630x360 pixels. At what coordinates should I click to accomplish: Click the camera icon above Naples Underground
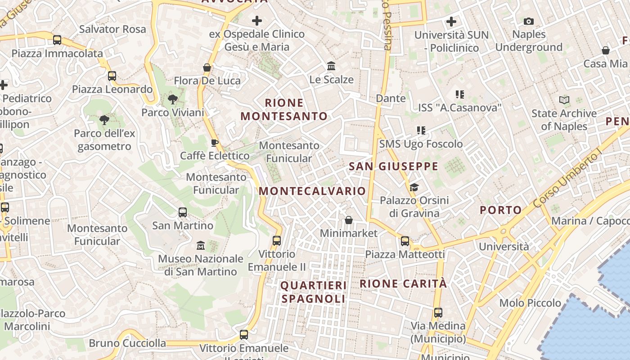(x=529, y=21)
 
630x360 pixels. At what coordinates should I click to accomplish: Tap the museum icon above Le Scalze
(x=332, y=66)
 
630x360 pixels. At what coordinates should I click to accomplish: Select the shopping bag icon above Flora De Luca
(x=207, y=67)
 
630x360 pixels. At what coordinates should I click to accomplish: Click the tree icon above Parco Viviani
(x=172, y=99)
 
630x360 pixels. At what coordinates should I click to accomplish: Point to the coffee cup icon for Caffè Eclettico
(x=215, y=143)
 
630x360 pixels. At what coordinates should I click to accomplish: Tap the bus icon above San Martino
(x=183, y=212)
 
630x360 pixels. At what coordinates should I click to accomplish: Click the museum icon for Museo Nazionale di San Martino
(x=201, y=246)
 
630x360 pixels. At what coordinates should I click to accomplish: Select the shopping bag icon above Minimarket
(x=348, y=220)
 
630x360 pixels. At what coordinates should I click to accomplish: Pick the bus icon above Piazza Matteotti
(x=405, y=241)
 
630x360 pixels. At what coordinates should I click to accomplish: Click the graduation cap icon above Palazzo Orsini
(x=414, y=187)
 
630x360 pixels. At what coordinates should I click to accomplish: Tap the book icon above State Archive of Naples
(x=564, y=100)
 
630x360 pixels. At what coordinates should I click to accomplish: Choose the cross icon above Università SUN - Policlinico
(x=451, y=21)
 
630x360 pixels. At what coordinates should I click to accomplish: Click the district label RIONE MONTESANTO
(x=284, y=109)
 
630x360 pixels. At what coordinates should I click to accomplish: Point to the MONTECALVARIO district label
(x=312, y=191)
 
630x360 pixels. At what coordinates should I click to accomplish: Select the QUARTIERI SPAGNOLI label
(x=314, y=292)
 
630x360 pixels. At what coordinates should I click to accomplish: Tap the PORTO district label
(x=500, y=210)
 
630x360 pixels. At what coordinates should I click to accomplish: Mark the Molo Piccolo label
(x=530, y=303)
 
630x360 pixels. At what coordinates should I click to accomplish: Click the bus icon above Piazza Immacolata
(x=57, y=40)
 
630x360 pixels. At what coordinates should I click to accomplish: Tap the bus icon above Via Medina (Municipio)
(x=438, y=312)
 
